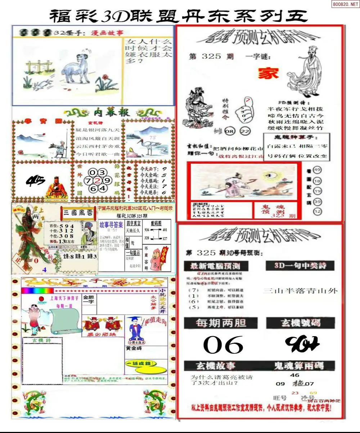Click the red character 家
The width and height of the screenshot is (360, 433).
click(268, 73)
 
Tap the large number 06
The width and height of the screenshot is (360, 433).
click(223, 345)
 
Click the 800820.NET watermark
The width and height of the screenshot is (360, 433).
click(344, 4)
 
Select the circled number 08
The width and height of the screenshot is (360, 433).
click(229, 131)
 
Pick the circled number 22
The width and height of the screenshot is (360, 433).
click(245, 131)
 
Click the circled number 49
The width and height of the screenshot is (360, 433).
click(317, 170)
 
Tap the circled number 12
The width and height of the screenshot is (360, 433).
click(317, 212)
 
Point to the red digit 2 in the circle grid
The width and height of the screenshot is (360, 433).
click(97, 180)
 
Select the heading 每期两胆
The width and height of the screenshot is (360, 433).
click(221, 323)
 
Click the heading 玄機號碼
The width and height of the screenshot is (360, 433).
click(301, 323)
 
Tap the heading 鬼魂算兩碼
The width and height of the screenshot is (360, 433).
click(299, 366)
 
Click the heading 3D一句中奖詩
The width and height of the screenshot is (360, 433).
click(300, 266)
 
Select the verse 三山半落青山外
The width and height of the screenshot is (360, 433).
click(300, 291)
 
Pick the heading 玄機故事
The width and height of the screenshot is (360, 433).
click(215, 366)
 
